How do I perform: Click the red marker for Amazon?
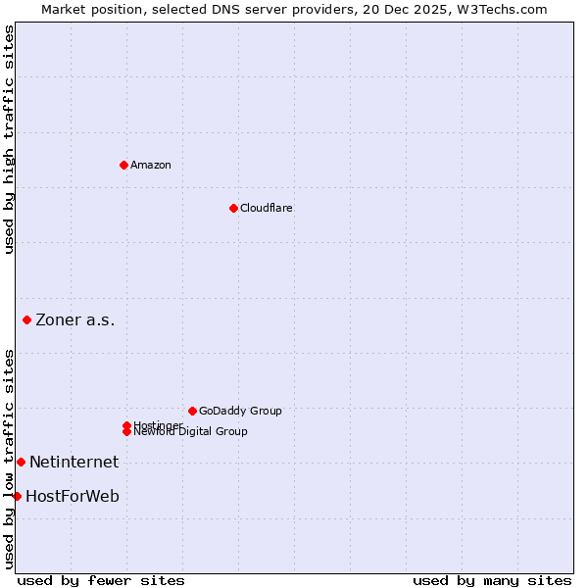tap(123, 165)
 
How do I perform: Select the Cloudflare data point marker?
tap(233, 208)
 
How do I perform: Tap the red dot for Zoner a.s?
tap(26, 319)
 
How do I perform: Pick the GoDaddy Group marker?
tap(192, 411)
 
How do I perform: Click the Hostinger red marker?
tap(126, 425)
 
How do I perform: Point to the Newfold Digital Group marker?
tap(126, 431)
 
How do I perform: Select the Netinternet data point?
tap(21, 462)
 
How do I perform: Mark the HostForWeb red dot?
tap(17, 496)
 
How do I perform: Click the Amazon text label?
tap(151, 165)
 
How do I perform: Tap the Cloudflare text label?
tap(267, 208)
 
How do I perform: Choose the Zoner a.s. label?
tap(75, 319)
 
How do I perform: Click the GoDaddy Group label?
tap(240, 411)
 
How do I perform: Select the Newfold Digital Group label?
tap(191, 432)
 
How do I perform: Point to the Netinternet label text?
tap(73, 462)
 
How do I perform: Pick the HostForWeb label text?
tap(73, 496)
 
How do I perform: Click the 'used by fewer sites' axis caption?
tap(101, 580)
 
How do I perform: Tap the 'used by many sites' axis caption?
tap(492, 580)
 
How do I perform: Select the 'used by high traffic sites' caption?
tap(9, 139)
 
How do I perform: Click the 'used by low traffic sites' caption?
tap(9, 458)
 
